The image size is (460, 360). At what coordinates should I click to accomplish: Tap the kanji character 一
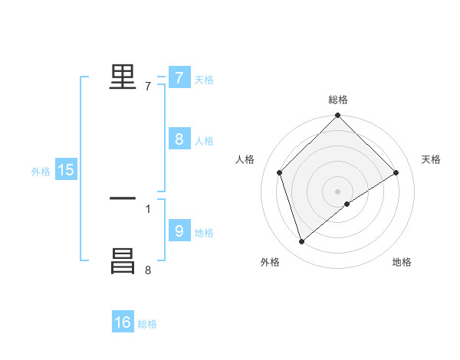pyautogui.click(x=123, y=198)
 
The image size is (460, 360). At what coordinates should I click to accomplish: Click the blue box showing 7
pyautogui.click(x=179, y=77)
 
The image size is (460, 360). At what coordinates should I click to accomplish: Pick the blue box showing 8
pyautogui.click(x=179, y=139)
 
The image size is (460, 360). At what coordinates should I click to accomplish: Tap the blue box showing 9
pyautogui.click(x=179, y=231)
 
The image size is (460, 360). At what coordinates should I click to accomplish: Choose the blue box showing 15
pyautogui.click(x=66, y=170)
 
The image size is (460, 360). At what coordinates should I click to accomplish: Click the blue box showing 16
pyautogui.click(x=123, y=322)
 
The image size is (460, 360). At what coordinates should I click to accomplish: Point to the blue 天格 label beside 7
pyautogui.click(x=204, y=80)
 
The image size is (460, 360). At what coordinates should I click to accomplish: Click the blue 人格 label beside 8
pyautogui.click(x=204, y=141)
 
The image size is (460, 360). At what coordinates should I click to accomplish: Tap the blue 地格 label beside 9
pyautogui.click(x=204, y=233)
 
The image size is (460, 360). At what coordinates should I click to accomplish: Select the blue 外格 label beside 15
pyautogui.click(x=41, y=172)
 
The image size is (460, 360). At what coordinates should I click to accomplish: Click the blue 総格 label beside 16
pyautogui.click(x=147, y=325)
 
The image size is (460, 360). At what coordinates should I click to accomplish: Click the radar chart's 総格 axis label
pyautogui.click(x=338, y=100)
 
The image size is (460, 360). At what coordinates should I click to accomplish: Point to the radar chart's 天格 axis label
pyautogui.click(x=432, y=159)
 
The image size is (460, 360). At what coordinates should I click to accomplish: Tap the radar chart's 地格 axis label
pyautogui.click(x=402, y=262)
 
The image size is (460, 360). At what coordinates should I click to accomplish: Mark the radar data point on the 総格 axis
pyautogui.click(x=338, y=116)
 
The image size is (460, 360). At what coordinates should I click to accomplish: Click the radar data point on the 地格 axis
pyautogui.click(x=347, y=204)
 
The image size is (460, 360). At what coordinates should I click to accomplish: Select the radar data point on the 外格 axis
pyautogui.click(x=302, y=242)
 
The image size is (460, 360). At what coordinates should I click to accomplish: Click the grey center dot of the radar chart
pyautogui.click(x=338, y=191)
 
